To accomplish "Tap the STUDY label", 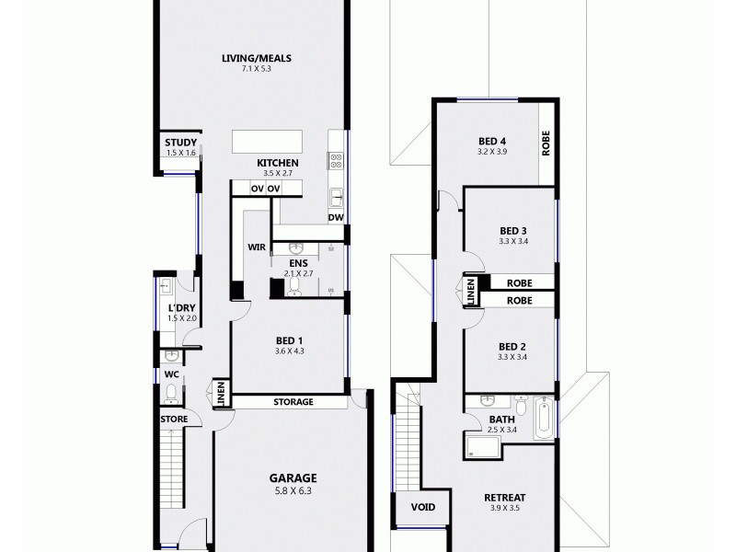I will (180, 142).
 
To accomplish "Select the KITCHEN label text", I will (277, 163).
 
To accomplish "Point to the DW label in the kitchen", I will (336, 218).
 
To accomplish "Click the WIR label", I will (256, 247).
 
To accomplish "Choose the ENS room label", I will (297, 263).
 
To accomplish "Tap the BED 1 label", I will (288, 340).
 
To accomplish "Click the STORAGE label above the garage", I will (293, 402).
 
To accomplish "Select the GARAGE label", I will (293, 477).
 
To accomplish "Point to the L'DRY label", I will (181, 308).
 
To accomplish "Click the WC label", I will (171, 374).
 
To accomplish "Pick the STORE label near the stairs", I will (174, 420).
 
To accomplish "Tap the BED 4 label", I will (492, 140).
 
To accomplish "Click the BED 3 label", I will (512, 231).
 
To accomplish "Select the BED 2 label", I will (512, 346).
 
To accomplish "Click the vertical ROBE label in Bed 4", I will (546, 145).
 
